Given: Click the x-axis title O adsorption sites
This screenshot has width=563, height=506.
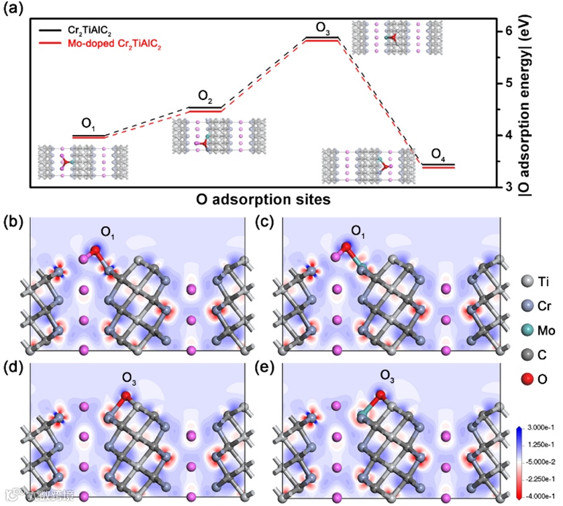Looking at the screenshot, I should pos(264,199).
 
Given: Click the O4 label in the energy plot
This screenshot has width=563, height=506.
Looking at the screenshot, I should pos(438,155).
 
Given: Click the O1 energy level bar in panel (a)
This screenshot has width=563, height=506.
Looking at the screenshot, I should pos(89,136).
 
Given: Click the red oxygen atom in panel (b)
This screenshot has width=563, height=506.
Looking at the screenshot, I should pos(95,252).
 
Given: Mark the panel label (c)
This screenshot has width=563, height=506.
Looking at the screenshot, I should pos(264,221).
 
